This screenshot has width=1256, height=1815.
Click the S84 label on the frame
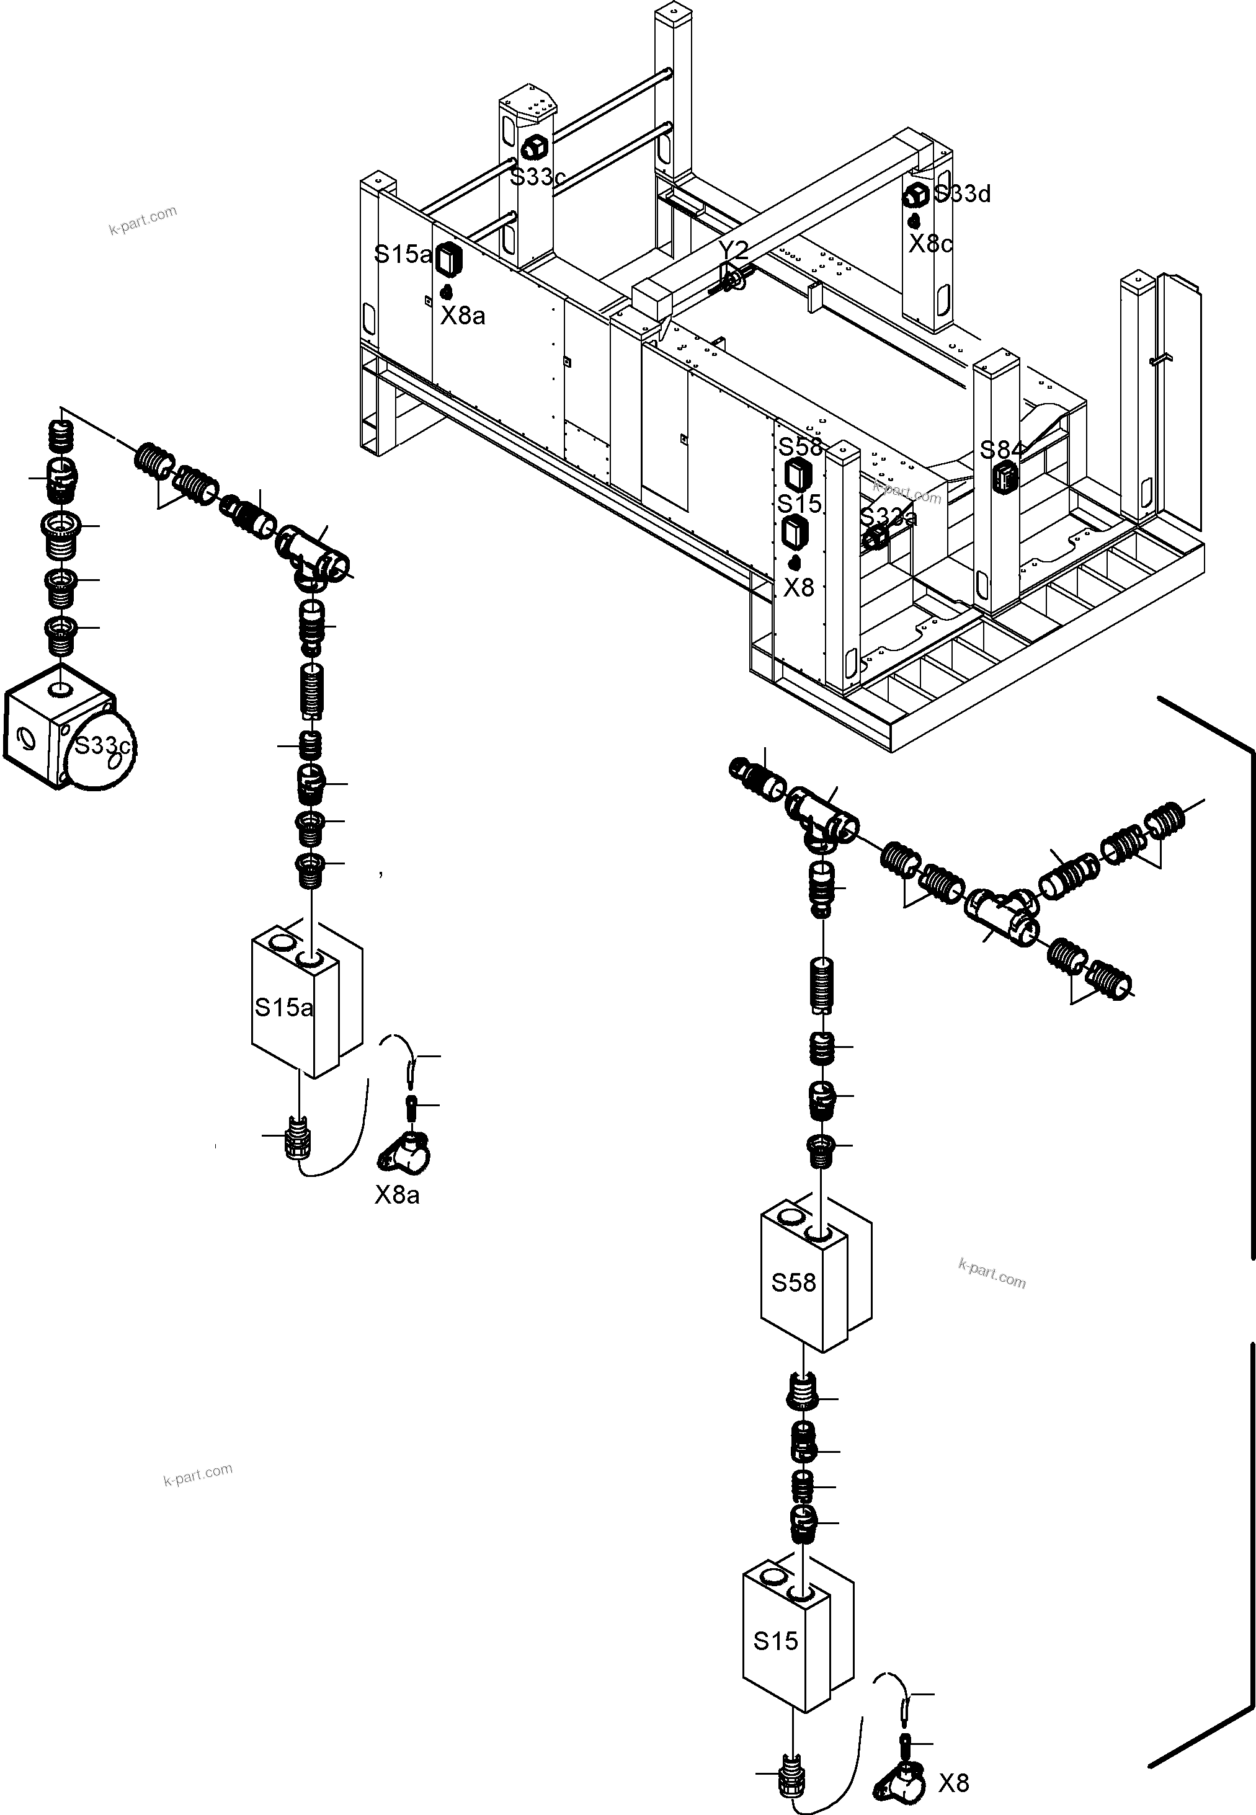pos(1002,450)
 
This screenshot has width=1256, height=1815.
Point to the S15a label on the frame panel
pos(402,254)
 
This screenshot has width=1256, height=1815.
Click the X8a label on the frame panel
pos(462,316)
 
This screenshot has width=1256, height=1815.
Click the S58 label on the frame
pos(800,447)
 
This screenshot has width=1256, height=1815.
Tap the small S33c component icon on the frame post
pos(535,146)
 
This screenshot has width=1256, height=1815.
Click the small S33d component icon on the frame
pos(916,193)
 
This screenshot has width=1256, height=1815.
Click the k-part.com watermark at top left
pos(143,220)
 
